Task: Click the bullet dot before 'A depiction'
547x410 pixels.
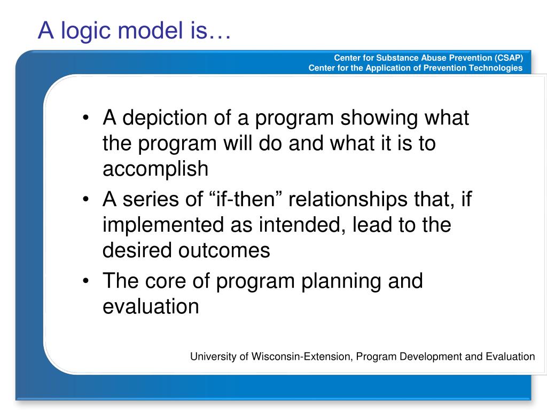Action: (86, 119)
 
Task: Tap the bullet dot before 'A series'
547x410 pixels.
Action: (86, 201)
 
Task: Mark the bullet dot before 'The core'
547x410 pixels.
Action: (86, 282)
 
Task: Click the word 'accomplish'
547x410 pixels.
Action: (155, 169)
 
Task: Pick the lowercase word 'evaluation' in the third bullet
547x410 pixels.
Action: (151, 306)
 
